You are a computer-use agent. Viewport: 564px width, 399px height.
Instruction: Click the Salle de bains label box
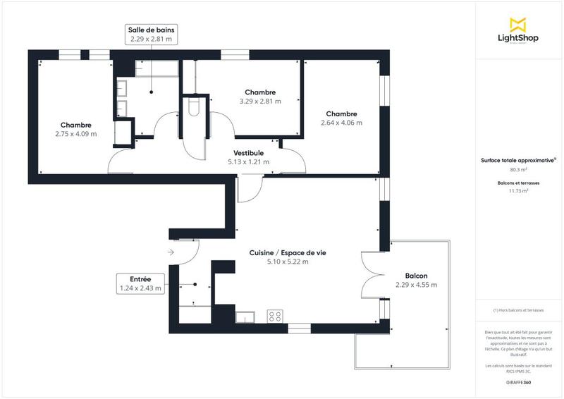pos(152,35)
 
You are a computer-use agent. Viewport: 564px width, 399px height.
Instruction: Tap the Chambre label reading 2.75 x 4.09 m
pos(75,129)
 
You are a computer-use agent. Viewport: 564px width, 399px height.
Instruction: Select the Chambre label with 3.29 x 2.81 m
pos(260,97)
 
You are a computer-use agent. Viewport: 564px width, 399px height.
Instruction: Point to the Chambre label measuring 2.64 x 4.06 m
pos(341,118)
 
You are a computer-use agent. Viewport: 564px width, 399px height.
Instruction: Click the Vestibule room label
pos(248,157)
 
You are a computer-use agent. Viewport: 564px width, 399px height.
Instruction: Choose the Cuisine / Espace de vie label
pos(287,257)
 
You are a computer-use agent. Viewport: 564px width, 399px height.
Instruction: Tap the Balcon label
pos(416,281)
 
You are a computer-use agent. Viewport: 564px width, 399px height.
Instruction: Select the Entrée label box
pos(141,283)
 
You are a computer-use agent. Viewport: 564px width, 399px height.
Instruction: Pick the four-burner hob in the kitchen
pos(275,317)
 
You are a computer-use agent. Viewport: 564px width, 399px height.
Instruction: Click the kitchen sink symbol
pos(245,317)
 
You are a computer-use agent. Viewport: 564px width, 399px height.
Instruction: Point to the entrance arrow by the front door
pos(171,251)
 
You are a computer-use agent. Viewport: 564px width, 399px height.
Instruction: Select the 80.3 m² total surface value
pos(518,169)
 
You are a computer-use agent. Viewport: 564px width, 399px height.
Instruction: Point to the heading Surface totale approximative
pos(518,161)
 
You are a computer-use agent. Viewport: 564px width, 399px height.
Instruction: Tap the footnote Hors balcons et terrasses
pos(518,310)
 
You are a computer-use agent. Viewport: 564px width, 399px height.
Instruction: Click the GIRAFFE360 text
pos(518,381)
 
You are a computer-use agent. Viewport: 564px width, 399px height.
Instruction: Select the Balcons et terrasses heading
pos(518,183)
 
